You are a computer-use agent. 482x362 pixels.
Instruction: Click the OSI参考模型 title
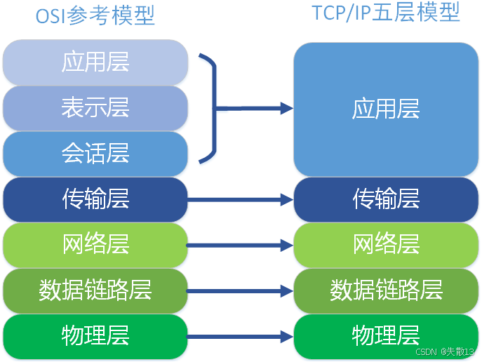(95, 15)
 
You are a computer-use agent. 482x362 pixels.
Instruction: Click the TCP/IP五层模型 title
(386, 12)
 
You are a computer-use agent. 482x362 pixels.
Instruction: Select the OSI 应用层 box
(95, 62)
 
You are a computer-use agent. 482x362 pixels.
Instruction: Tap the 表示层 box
(95, 107)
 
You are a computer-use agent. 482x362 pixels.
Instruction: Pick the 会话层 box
(95, 153)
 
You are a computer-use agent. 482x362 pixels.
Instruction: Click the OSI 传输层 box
(95, 199)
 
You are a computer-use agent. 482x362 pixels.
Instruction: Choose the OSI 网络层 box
(95, 245)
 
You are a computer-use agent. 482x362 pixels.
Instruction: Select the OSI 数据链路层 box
(95, 290)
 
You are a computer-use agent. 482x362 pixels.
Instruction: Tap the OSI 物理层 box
(95, 335)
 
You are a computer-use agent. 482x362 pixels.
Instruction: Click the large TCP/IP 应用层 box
(386, 109)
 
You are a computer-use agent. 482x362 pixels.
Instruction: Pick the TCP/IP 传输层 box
(386, 199)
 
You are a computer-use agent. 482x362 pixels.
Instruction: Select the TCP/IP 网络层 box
(386, 245)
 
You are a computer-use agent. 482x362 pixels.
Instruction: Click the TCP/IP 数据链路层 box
(386, 290)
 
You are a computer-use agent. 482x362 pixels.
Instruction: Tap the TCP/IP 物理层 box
(386, 335)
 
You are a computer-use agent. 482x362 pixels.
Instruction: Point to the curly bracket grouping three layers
(211, 107)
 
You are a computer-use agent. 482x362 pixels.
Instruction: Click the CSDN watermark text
(445, 351)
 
